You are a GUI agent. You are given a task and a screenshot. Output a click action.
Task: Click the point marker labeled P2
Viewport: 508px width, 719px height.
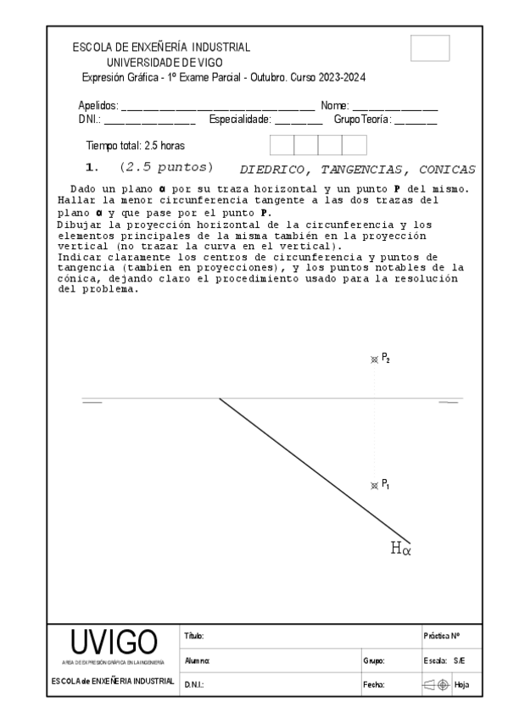tap(374, 359)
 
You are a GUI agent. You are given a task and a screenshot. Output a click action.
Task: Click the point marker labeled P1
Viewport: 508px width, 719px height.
tap(374, 486)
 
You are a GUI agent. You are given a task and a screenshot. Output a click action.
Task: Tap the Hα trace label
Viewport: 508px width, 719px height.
tap(400, 549)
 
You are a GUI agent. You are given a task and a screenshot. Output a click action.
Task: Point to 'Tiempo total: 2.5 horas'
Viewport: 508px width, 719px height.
tap(135, 145)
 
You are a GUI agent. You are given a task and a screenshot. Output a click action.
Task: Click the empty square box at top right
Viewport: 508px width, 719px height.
tap(429, 48)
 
